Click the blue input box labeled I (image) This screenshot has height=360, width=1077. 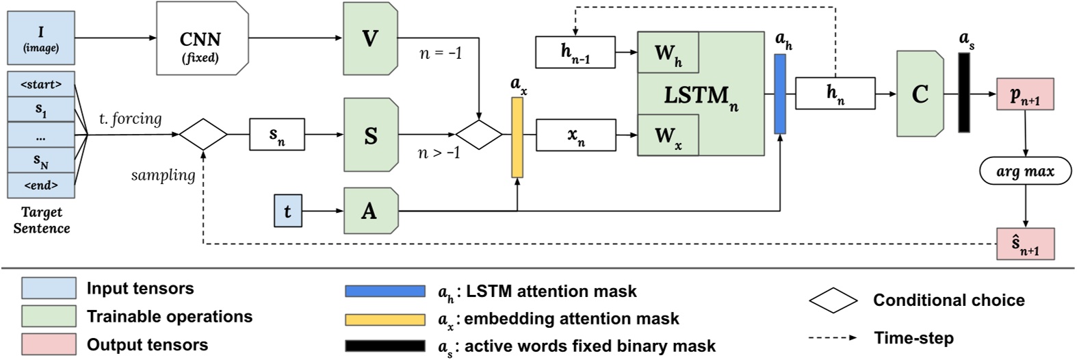pyautogui.click(x=41, y=38)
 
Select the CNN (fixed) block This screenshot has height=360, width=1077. pyautogui.click(x=201, y=38)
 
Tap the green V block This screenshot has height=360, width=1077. pyautogui.click(x=370, y=38)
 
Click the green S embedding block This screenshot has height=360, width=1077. pyautogui.click(x=370, y=135)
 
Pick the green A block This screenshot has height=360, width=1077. pyautogui.click(x=370, y=211)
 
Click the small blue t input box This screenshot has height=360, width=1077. pyautogui.click(x=287, y=211)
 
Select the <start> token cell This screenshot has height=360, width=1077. pyautogui.click(x=41, y=85)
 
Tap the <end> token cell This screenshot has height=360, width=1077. pyautogui.click(x=41, y=185)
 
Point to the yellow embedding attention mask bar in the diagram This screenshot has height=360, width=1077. pyautogui.click(x=517, y=137)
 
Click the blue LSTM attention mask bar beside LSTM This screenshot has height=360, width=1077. pyautogui.click(x=780, y=93)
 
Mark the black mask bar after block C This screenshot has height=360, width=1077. pyautogui.click(x=964, y=92)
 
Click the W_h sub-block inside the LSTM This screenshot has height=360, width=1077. pyautogui.click(x=668, y=53)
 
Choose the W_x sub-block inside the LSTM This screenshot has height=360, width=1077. pyautogui.click(x=668, y=135)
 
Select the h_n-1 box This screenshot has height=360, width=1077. pyautogui.click(x=575, y=52)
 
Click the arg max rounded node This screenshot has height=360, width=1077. pyautogui.click(x=1025, y=171)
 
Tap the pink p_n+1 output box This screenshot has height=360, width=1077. pyautogui.click(x=1025, y=94)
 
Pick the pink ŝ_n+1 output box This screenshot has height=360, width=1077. pyautogui.click(x=1025, y=244)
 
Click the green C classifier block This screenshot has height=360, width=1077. pyautogui.click(x=920, y=93)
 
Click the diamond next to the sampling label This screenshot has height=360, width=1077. pyautogui.click(x=203, y=134)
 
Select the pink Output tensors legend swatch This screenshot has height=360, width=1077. pyautogui.click(x=49, y=344)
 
